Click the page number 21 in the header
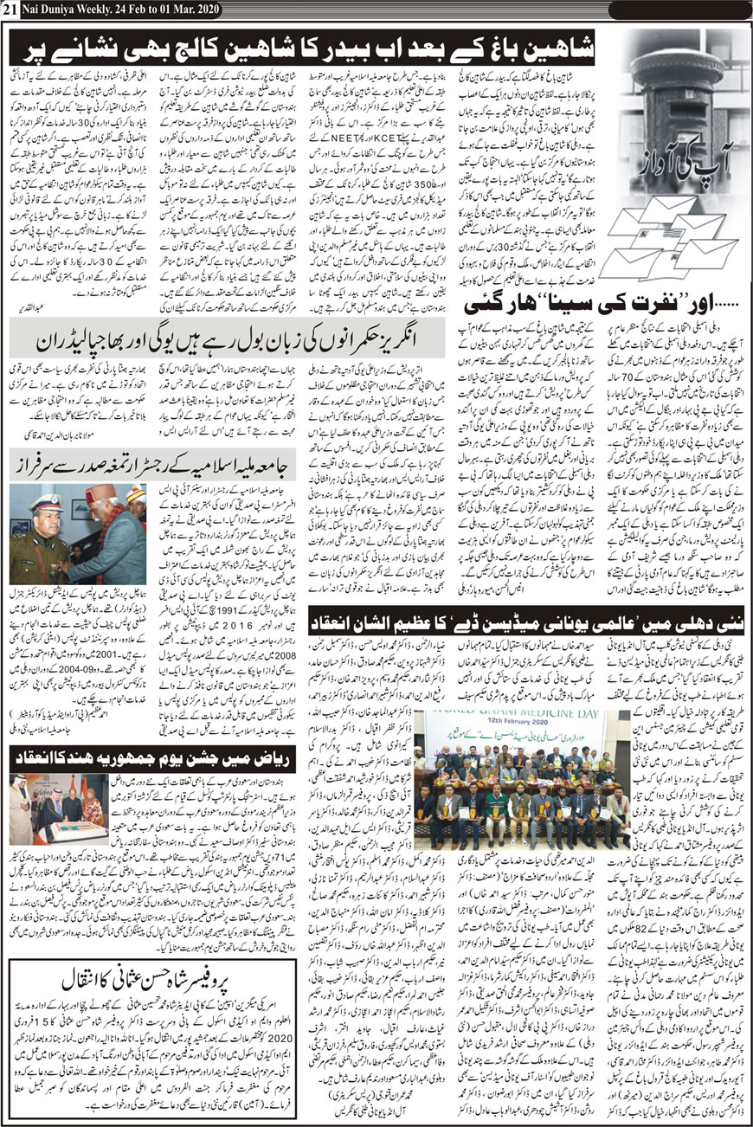pos(10,9)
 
